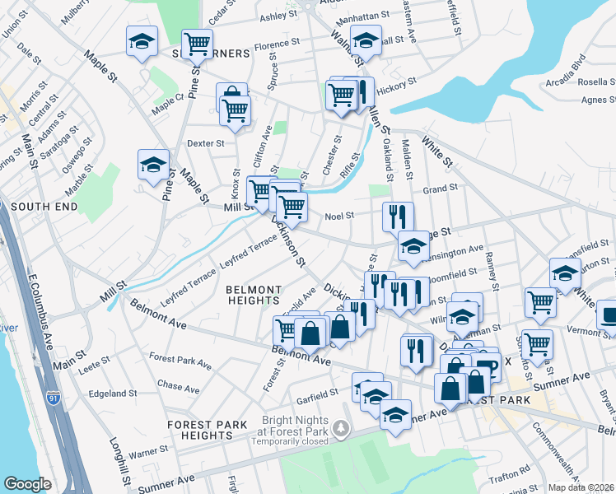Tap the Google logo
tap(27, 484)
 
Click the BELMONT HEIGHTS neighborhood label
tap(254, 296)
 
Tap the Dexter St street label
tap(206, 143)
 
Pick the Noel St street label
tap(338, 216)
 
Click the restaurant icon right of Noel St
tap(397, 217)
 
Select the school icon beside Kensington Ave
tap(413, 245)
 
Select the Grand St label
tap(440, 189)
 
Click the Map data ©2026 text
tap(580, 487)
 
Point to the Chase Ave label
tap(180, 385)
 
